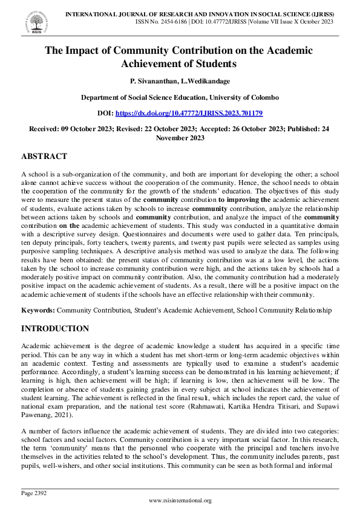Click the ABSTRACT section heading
44,156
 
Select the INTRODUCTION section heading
56,329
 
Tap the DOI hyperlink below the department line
188,113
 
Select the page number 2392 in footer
38,493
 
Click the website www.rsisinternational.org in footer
180,501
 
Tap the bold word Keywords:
38,310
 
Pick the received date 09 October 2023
85,129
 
